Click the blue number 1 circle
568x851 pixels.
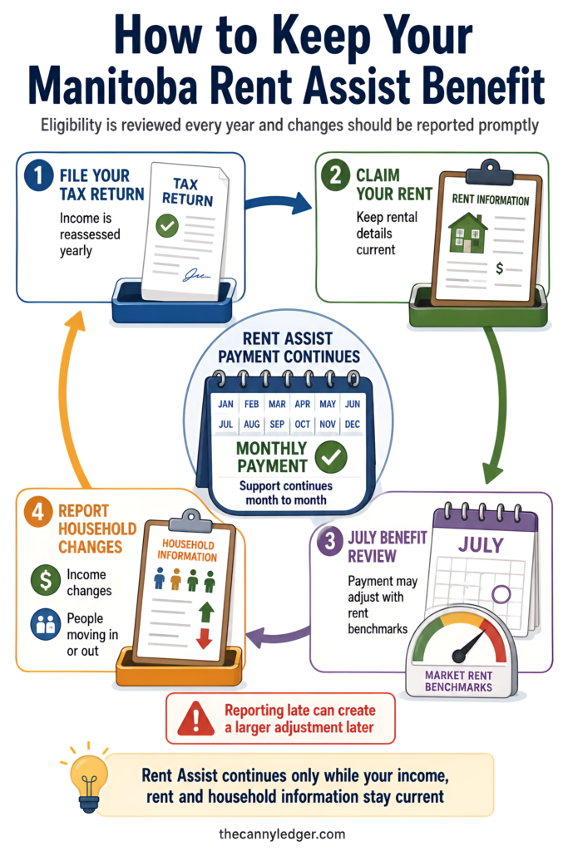(38, 176)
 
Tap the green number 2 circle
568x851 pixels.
(336, 175)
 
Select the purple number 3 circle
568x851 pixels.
(329, 541)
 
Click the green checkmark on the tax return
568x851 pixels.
(167, 226)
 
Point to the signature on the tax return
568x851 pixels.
(196, 276)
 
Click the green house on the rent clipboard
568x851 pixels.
(467, 233)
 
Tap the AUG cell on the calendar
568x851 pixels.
(251, 424)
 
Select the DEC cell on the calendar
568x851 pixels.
(353, 424)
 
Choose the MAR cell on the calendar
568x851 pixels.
(277, 405)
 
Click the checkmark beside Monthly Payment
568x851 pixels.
(331, 457)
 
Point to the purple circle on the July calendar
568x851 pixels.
(501, 593)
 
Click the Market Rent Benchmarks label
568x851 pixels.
(458, 681)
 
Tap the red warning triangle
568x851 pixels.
(196, 717)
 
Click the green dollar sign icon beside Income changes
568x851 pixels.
(46, 580)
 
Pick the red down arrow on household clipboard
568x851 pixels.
(205, 638)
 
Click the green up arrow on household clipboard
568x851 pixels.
(206, 612)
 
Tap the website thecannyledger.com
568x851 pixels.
(282, 834)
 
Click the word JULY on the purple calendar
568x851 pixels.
(482, 544)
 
